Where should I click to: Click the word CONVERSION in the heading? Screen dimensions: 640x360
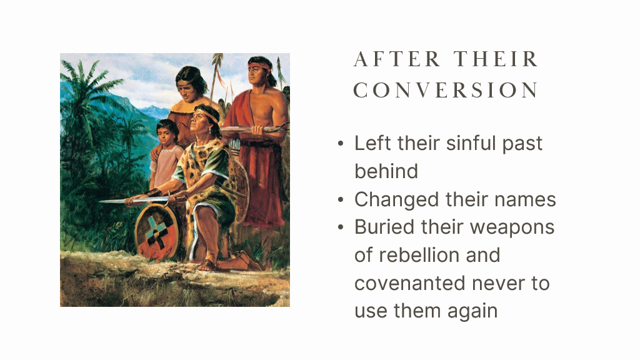point(446,90)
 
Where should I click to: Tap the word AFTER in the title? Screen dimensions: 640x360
point(397,59)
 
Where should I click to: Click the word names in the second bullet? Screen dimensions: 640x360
point(525,199)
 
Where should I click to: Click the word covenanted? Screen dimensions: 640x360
point(410,283)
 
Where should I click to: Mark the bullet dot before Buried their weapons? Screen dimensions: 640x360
point(341,227)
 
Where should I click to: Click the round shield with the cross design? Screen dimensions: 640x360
point(157,232)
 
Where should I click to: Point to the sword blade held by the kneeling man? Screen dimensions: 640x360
point(135,200)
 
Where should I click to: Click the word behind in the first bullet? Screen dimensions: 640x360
point(386,171)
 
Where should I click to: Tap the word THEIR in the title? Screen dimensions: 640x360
point(497,59)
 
